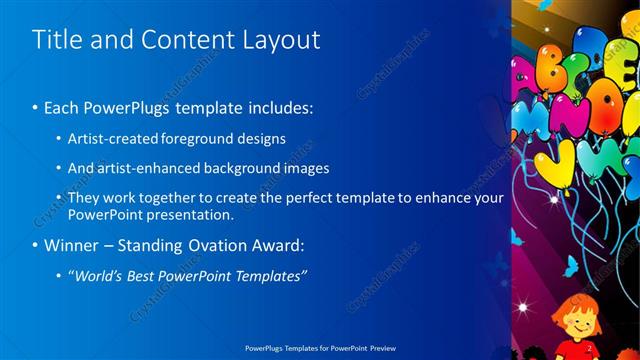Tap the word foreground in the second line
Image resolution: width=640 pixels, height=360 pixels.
[x=215, y=138]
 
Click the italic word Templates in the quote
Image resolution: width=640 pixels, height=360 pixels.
[x=270, y=275]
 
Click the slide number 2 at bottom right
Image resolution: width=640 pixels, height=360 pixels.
[x=588, y=349]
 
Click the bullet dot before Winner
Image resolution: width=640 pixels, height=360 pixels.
[x=37, y=245]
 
